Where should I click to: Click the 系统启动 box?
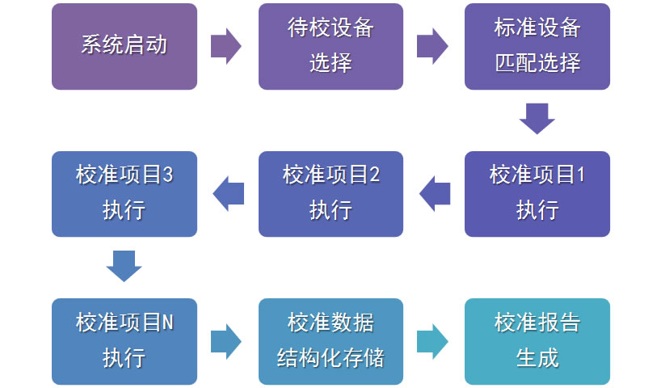coord(124,46)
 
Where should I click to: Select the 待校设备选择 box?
coord(330,46)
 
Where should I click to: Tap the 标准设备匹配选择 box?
coord(537,46)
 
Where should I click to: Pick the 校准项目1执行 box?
coord(537,194)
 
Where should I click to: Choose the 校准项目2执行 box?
coord(330,194)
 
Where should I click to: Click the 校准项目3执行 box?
coord(124,194)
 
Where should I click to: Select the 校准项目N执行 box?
coord(124,342)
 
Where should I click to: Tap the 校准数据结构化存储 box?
coord(330,342)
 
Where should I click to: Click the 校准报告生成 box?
coord(537,342)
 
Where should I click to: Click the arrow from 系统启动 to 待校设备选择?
coord(226,46)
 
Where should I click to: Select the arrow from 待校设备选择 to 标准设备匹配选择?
coord(432,46)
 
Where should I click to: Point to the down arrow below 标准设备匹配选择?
coord(537,119)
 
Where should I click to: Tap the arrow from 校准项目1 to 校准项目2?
coord(435,194)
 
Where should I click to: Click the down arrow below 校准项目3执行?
coord(124,267)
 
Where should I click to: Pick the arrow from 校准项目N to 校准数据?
coord(226,342)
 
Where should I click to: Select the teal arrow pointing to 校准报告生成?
coord(432,342)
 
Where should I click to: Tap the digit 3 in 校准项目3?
coord(167,175)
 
